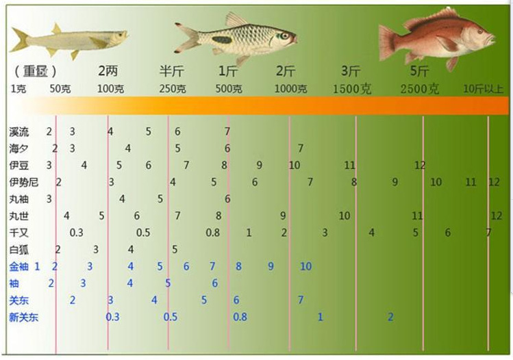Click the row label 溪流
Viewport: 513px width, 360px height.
pyautogui.click(x=19, y=131)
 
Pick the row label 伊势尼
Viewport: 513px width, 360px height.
pyautogui.click(x=23, y=182)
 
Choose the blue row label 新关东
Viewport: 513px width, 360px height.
pyautogui.click(x=24, y=317)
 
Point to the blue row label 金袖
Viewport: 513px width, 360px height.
pyautogui.click(x=19, y=266)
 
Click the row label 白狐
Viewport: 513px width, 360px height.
pyautogui.click(x=19, y=250)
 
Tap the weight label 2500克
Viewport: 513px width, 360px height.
pyautogui.click(x=419, y=89)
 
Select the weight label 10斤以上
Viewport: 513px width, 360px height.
pyautogui.click(x=484, y=89)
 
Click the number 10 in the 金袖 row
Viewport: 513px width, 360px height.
pyautogui.click(x=305, y=266)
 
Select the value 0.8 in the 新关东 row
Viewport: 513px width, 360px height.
pyautogui.click(x=240, y=317)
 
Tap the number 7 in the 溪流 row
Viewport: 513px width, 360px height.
pyautogui.click(x=227, y=131)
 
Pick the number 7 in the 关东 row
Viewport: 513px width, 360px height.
pyautogui.click(x=301, y=300)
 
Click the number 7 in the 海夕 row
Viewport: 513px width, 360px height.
pyautogui.click(x=300, y=148)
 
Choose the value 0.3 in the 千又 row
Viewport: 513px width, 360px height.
pyautogui.click(x=76, y=233)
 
